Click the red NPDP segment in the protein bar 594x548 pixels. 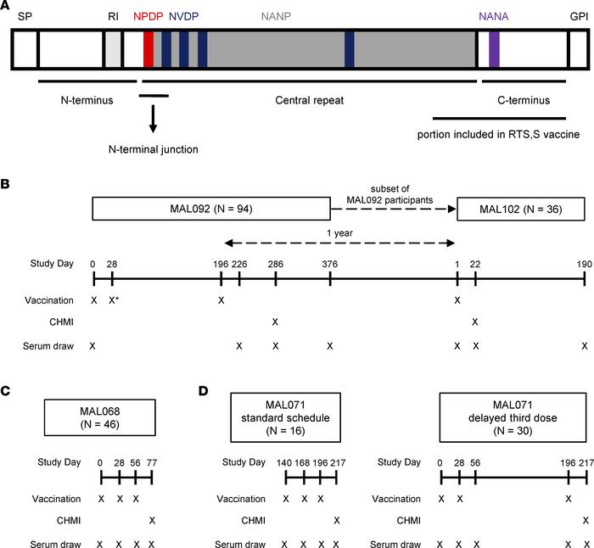(148, 49)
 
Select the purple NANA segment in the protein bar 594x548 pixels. (494, 49)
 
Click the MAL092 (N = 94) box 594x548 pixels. (210, 209)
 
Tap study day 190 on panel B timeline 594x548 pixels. (584, 263)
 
